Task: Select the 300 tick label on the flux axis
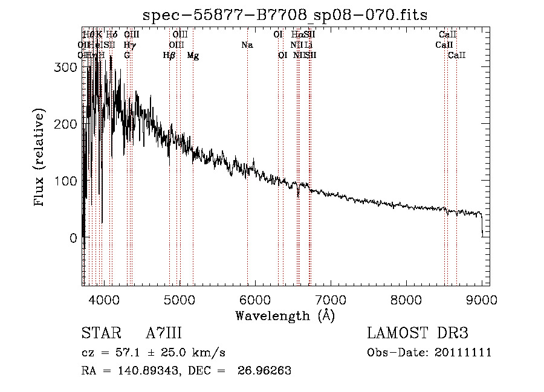tap(65, 68)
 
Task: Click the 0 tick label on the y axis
tap(73, 238)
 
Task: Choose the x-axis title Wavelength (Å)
tap(285, 315)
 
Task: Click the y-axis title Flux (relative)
tap(40, 159)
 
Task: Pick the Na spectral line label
tap(247, 45)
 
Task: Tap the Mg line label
tap(193, 56)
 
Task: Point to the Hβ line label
tap(169, 56)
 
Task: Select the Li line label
tap(308, 45)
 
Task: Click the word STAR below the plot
tap(97, 333)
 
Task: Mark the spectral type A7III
tap(164, 333)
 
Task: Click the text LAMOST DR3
tap(418, 333)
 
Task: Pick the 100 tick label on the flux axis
tap(65, 181)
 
